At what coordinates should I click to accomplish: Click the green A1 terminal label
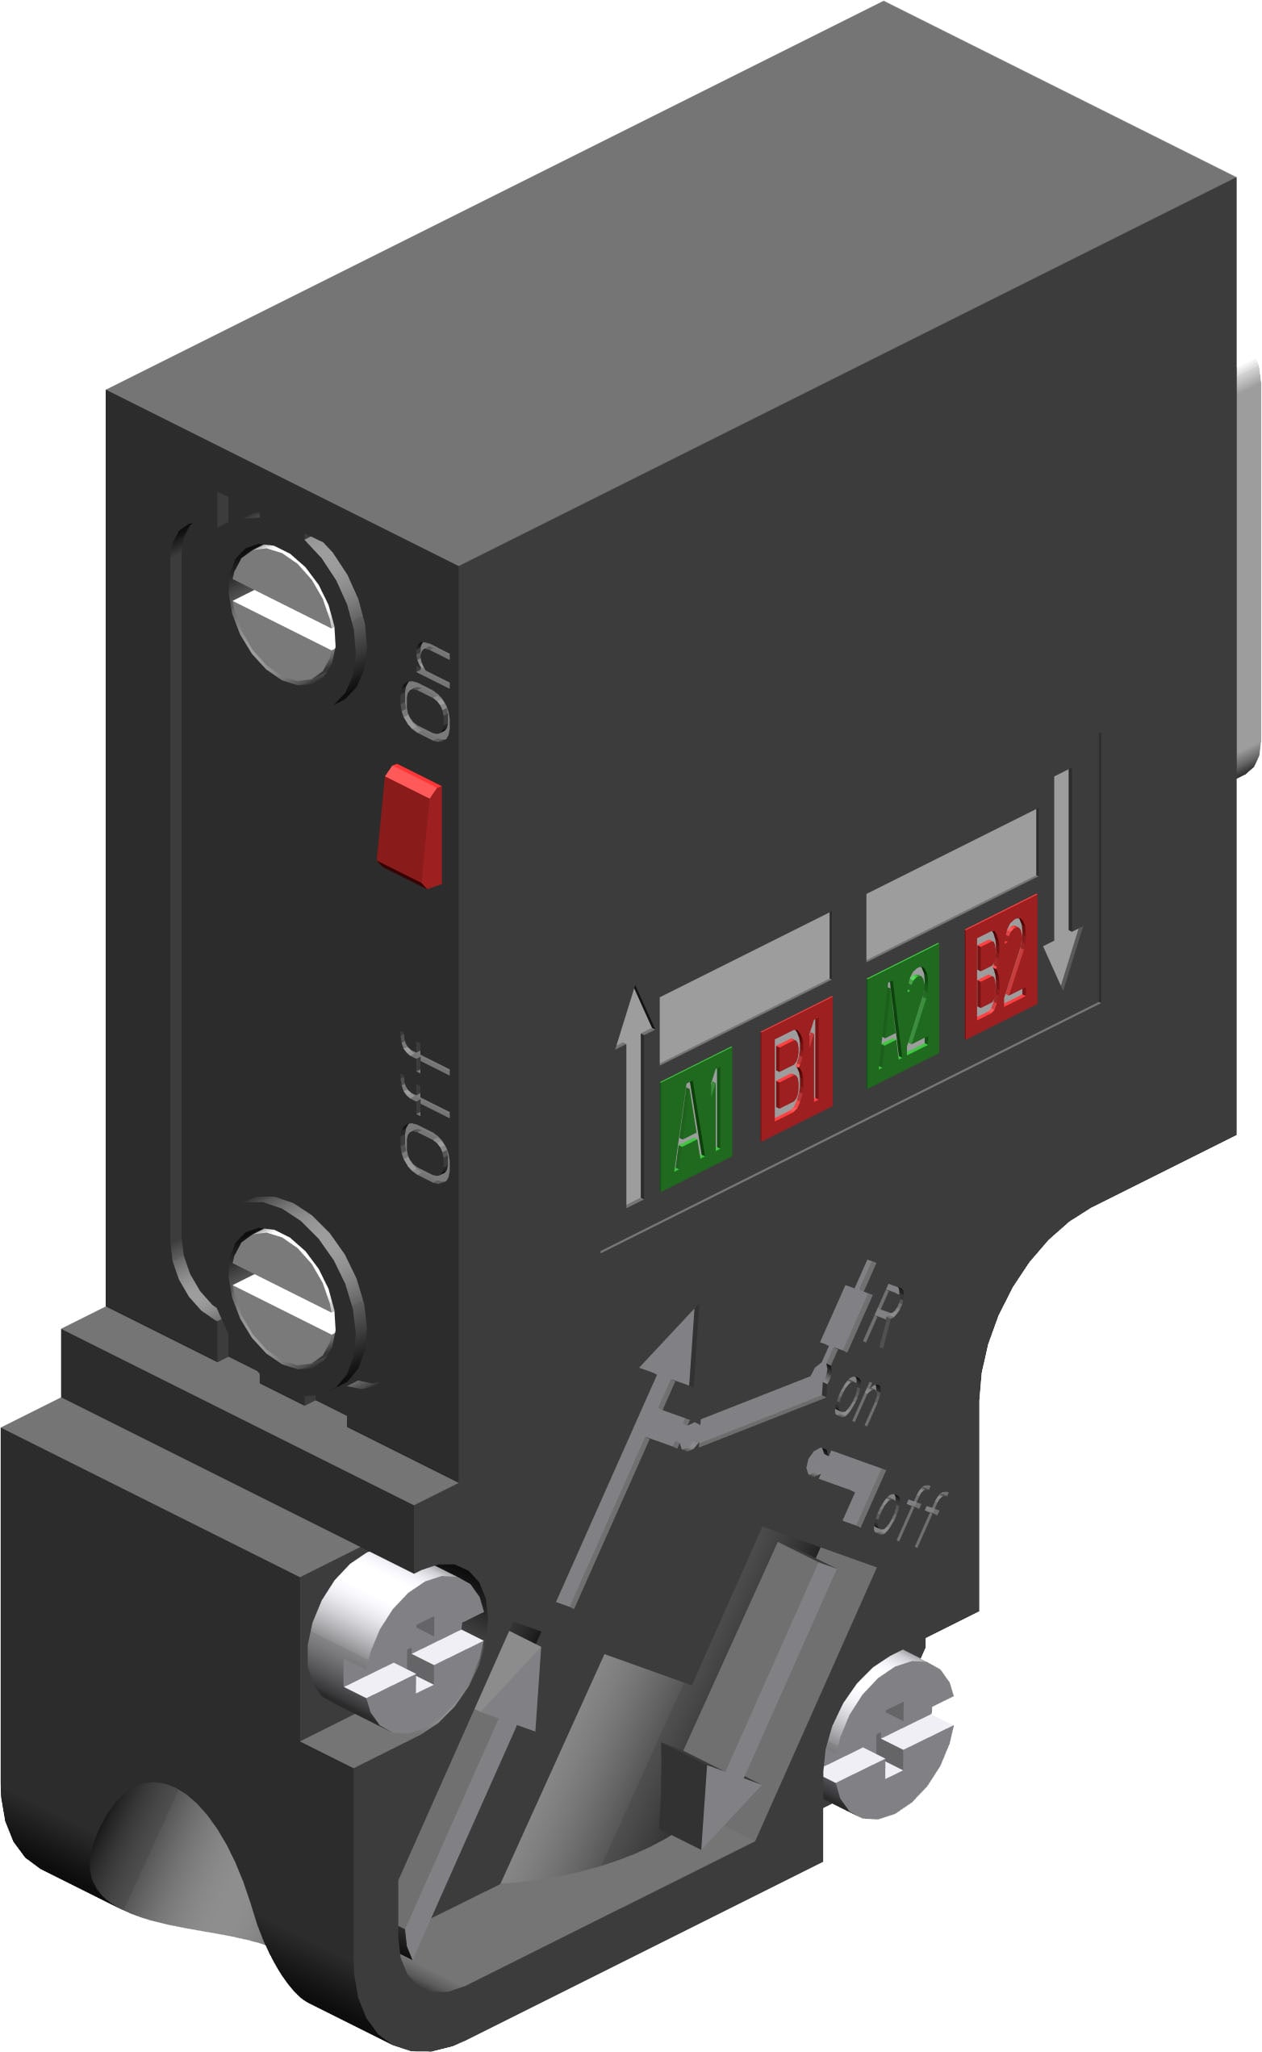pos(696,1118)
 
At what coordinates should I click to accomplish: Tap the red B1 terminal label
pos(796,1068)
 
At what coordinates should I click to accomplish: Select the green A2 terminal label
pos(903,1015)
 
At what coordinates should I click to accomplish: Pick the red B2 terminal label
pos(1001,966)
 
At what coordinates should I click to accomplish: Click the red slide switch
pos(410,825)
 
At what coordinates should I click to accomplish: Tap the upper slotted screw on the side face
pos(283,613)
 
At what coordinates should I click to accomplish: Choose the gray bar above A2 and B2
pos(951,884)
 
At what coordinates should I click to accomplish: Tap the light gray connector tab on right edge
pos(1247,567)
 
